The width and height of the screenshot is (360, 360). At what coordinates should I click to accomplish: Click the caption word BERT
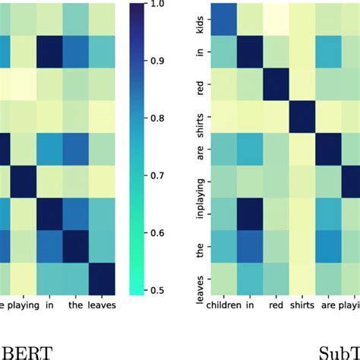click(x=26, y=352)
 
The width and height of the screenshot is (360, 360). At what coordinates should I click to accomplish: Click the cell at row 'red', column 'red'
click(x=276, y=85)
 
